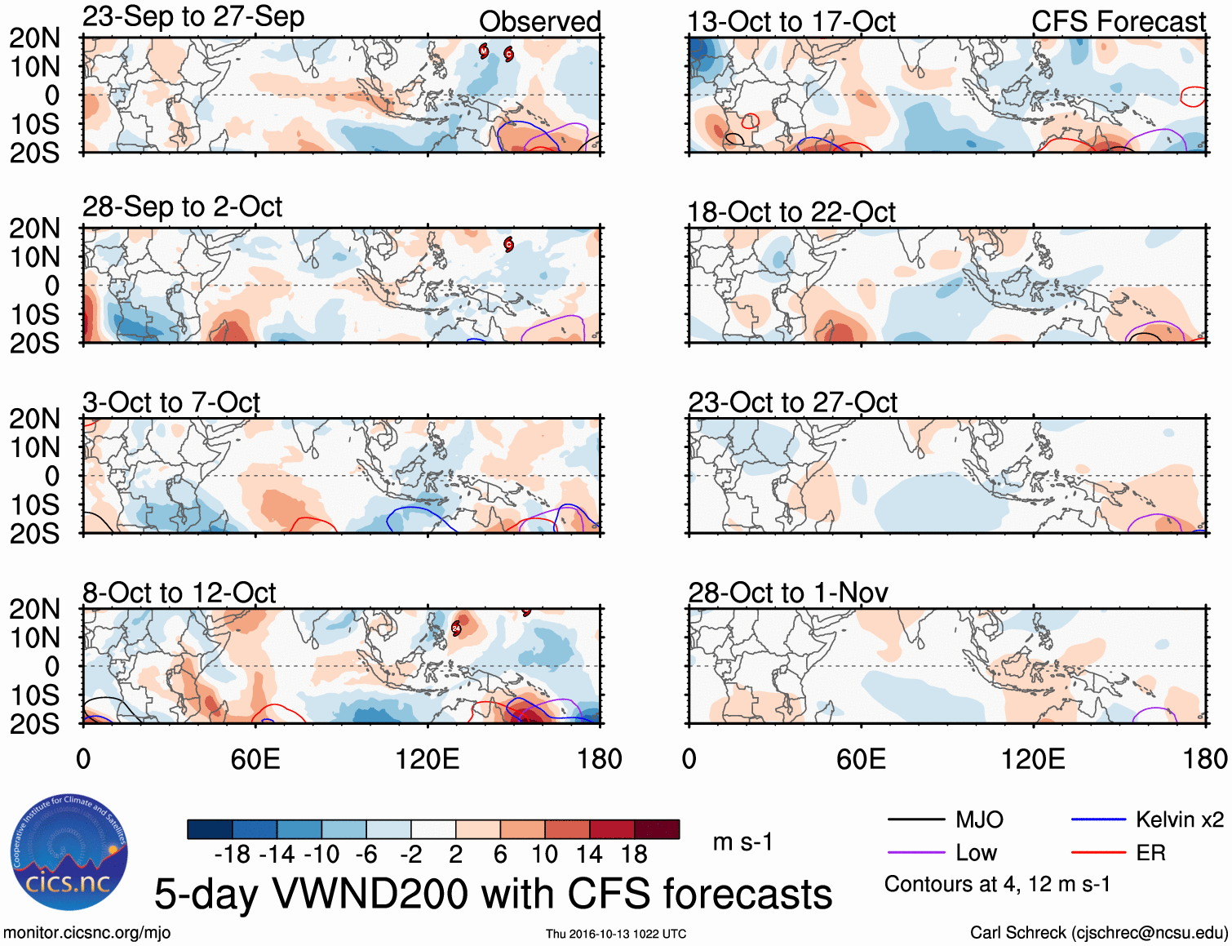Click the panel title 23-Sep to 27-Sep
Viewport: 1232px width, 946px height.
193,17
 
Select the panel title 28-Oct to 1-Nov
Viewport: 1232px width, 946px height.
787,593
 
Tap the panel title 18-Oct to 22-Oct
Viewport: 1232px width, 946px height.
791,212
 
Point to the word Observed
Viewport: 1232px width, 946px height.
539,22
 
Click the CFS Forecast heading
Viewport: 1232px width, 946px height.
1118,22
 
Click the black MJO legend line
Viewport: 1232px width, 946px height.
915,819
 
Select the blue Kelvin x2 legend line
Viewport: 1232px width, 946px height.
1098,819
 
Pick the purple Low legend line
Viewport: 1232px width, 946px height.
915,853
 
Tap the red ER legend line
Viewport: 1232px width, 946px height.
1098,853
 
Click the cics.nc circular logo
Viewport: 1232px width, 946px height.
69,853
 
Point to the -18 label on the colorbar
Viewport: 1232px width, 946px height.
233,855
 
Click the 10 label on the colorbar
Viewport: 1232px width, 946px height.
544,855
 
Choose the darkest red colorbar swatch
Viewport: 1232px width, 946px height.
657,829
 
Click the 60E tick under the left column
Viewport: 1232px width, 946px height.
255,760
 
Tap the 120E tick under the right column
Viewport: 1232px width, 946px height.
1033,760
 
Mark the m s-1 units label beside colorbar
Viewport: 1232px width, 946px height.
742,842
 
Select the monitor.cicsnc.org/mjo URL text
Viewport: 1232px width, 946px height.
87,933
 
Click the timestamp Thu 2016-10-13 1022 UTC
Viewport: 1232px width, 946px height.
616,934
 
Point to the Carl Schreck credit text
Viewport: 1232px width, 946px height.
1098,933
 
